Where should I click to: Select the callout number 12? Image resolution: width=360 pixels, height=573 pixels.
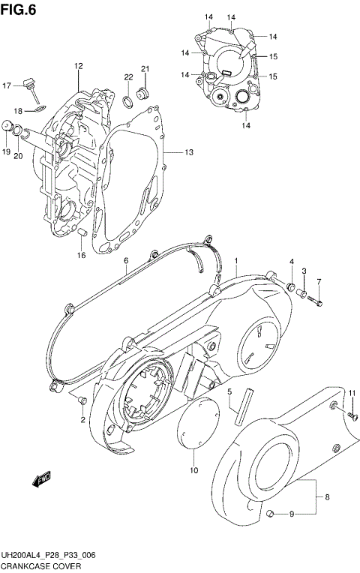77,67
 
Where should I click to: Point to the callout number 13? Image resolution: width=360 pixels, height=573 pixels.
189,153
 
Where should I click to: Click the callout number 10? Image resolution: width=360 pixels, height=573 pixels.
193,470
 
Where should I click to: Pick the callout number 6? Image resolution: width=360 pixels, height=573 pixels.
126,260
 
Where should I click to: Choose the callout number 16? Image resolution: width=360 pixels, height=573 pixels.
81,255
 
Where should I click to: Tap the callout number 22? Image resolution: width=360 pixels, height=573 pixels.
128,77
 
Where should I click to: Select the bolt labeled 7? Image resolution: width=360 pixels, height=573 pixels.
313,301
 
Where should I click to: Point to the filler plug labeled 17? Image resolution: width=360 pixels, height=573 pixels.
31,85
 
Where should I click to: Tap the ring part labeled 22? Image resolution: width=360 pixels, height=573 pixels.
129,100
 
